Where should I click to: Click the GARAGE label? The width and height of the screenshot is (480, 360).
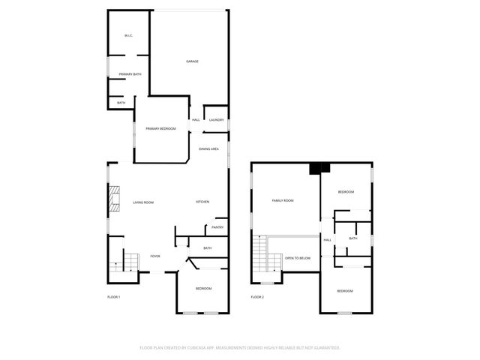point(193,61)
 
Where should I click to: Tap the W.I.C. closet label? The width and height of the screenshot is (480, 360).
point(128,37)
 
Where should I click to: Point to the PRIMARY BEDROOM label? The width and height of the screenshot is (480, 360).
point(160,129)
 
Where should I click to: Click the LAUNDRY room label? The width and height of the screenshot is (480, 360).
point(216,120)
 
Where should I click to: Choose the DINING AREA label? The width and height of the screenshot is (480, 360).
point(208,149)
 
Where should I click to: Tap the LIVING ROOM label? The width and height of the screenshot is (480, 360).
point(143,202)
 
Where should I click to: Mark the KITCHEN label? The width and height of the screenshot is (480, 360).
point(202,202)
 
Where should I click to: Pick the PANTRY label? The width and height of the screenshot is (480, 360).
point(217,227)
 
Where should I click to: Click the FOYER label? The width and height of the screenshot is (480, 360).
point(154,256)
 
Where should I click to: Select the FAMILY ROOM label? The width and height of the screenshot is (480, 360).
point(282,200)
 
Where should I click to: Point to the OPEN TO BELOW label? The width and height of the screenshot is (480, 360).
point(297,258)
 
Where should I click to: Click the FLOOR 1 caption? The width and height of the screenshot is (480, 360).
point(113,297)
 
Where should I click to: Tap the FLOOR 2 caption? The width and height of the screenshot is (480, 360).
point(257,297)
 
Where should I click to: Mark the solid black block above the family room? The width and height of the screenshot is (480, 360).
point(320,168)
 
